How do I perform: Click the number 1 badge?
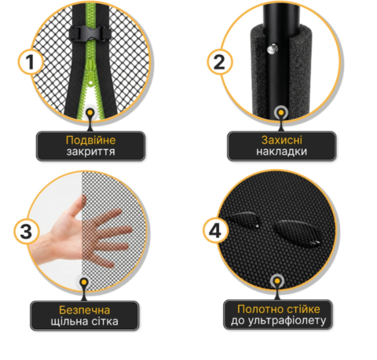(31, 62)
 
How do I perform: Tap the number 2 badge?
(220, 62)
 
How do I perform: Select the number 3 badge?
(27, 232)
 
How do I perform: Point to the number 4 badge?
(215, 230)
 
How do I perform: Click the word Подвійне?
(90, 140)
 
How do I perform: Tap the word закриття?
(90, 152)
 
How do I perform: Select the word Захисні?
(282, 140)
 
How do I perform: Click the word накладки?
(282, 152)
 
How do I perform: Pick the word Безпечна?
(84, 310)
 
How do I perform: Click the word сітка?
(107, 321)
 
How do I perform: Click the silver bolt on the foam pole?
(272, 49)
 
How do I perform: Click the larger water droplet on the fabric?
(296, 233)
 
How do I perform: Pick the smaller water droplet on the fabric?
(243, 219)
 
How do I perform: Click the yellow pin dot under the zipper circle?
(90, 112)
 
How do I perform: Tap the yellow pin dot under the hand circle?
(84, 282)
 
